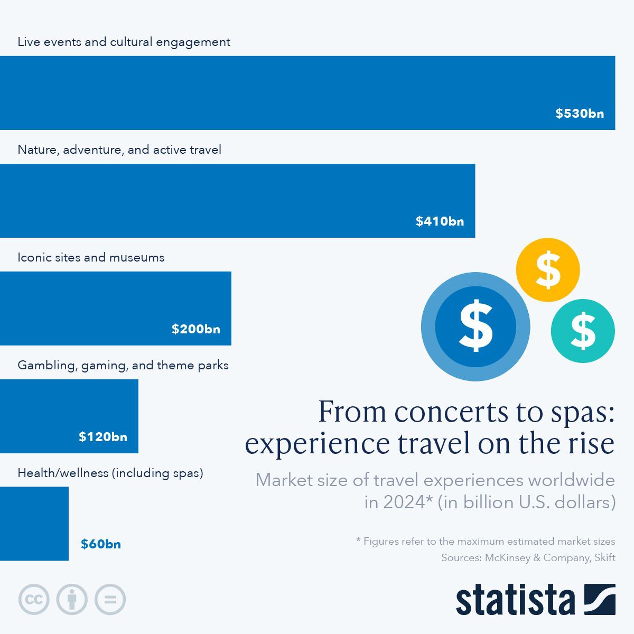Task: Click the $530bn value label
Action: [580, 114]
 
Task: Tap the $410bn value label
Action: [440, 221]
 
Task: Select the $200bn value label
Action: [195, 329]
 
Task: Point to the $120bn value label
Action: [103, 437]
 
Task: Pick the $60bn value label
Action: [100, 544]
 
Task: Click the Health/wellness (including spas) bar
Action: [34, 523]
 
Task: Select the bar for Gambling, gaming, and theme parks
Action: [69, 416]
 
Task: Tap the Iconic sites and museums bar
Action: [115, 308]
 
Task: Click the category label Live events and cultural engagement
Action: [124, 42]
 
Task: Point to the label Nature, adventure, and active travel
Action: [119, 150]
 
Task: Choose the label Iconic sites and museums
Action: [91, 257]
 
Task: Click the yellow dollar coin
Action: [548, 270]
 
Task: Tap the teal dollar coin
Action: [583, 331]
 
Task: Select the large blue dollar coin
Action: [475, 327]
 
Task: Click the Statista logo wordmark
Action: [515, 600]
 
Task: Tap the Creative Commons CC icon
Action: [34, 600]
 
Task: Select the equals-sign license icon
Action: [110, 600]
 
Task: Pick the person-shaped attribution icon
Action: [72, 600]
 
